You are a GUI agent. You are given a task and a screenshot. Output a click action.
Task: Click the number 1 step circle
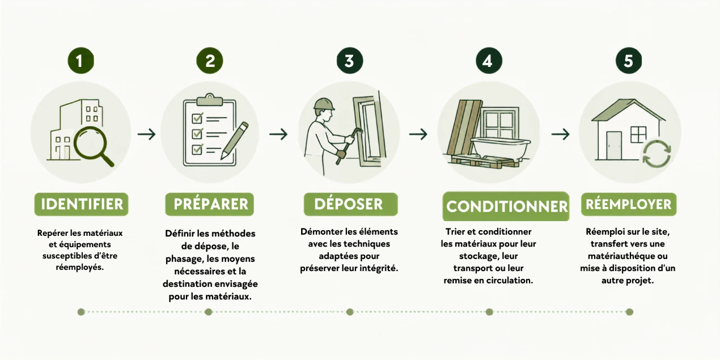click(81, 61)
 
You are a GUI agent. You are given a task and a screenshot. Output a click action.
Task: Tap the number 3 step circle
click(350, 61)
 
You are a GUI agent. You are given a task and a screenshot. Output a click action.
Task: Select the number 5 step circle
click(629, 61)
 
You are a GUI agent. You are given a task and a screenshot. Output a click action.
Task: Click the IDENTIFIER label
click(81, 204)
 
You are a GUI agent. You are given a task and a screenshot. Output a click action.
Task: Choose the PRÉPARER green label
click(210, 204)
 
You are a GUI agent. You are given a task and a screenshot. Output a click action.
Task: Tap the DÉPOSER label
click(351, 204)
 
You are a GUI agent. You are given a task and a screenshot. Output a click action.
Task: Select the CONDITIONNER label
click(506, 206)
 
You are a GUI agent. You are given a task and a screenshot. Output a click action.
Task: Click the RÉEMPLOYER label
click(629, 204)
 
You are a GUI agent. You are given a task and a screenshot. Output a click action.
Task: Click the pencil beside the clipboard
click(235, 141)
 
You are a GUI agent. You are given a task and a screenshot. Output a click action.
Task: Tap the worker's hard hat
click(324, 104)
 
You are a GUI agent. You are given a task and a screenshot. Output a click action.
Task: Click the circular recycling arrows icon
click(657, 154)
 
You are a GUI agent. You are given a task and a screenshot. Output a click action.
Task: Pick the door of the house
click(614, 146)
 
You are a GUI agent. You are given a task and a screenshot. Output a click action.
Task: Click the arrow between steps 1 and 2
click(147, 134)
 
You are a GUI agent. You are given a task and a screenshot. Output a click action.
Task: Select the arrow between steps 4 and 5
click(561, 134)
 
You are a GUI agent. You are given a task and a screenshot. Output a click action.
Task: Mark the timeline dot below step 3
click(350, 312)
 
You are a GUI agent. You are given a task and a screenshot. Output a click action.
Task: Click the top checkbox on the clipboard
click(197, 118)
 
